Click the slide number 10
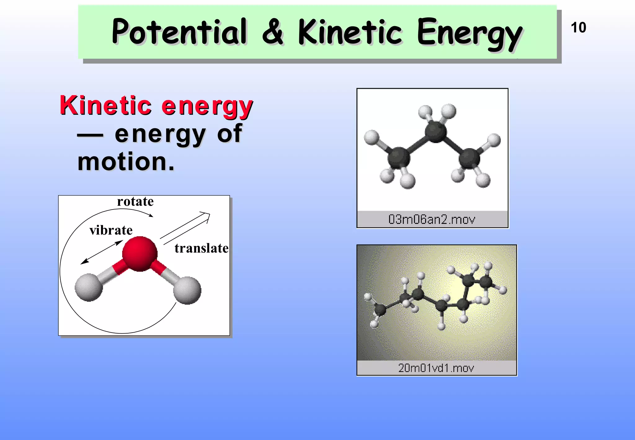coord(578,28)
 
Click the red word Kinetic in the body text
coord(106,106)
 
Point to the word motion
coord(126,162)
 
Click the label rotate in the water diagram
coord(135,202)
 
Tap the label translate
coord(201,248)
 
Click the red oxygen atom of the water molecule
coord(140,254)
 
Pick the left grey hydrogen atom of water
coord(89,287)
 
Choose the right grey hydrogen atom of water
coord(187,290)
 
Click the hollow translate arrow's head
coord(206,216)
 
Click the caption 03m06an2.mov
coord(432,219)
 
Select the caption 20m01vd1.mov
coord(436,368)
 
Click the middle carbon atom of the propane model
coord(436,132)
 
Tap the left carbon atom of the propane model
coord(399,158)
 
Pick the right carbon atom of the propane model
coord(469,159)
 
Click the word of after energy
coord(229,134)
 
